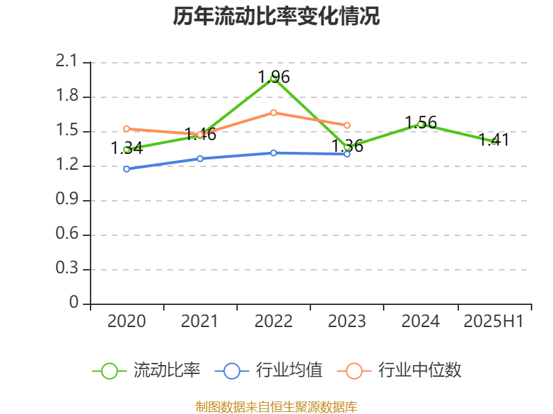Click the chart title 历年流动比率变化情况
click(x=276, y=17)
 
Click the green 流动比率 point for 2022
click(x=274, y=78)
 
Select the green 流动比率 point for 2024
click(x=420, y=124)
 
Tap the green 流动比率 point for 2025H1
click(x=494, y=141)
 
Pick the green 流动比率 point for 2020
click(x=126, y=149)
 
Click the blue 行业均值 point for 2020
click(x=126, y=168)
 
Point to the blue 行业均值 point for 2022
click(x=274, y=152)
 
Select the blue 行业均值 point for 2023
click(x=347, y=154)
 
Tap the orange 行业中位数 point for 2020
click(x=126, y=128)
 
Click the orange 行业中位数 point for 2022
click(x=274, y=112)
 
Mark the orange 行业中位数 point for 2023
click(x=347, y=125)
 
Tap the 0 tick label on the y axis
click(x=75, y=304)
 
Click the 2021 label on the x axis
click(x=200, y=322)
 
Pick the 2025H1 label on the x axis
click(x=494, y=322)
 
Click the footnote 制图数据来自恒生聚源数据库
click(x=276, y=406)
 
